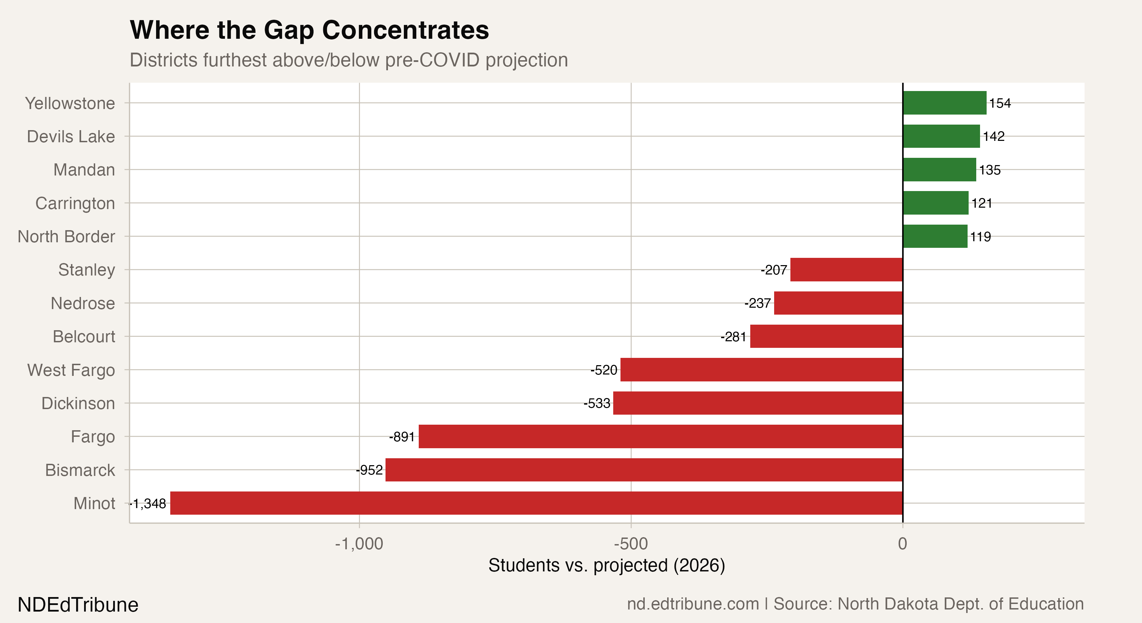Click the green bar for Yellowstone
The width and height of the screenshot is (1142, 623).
944,103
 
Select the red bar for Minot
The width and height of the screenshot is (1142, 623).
536,503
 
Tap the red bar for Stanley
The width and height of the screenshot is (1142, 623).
846,270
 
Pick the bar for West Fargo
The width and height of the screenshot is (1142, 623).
761,369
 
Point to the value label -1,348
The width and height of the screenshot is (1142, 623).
148,504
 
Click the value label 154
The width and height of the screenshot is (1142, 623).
1000,103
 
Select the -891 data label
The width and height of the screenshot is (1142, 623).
402,437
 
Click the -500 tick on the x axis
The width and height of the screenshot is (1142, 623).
631,544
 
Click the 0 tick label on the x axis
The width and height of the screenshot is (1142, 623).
903,544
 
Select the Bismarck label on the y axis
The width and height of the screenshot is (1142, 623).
80,470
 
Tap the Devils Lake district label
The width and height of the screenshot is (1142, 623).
71,137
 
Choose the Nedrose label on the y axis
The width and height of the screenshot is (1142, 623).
83,303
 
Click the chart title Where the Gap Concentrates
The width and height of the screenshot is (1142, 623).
309,30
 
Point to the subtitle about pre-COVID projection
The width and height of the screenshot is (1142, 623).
348,60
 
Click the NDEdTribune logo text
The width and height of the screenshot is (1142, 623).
78,605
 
